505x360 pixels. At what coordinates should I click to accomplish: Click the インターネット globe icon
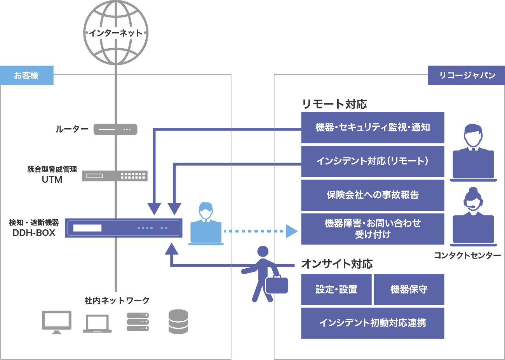click(116, 33)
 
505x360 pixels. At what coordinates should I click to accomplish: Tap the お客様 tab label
click(26, 75)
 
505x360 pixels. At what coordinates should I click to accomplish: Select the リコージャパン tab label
click(466, 75)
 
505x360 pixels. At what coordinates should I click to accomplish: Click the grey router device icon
click(115, 129)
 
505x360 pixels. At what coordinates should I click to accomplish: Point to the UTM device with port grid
click(115, 176)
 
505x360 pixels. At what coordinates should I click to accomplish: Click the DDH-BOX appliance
click(124, 228)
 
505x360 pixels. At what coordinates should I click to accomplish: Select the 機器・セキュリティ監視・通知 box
click(372, 128)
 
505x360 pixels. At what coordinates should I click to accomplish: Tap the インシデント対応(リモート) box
click(372, 161)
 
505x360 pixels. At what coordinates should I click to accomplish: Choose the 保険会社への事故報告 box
click(372, 195)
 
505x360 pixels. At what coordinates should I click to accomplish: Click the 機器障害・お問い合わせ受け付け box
click(372, 229)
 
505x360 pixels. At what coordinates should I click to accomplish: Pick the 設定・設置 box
click(336, 289)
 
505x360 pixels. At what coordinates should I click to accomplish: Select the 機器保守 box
click(409, 289)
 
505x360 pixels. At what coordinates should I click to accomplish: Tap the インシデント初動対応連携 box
click(372, 323)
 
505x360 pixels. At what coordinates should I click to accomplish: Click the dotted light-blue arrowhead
click(292, 231)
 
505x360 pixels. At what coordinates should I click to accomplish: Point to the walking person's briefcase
click(277, 285)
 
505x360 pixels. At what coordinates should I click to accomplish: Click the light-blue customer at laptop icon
click(206, 225)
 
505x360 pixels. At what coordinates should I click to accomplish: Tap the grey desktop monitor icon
click(57, 322)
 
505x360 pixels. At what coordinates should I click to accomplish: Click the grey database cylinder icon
click(178, 322)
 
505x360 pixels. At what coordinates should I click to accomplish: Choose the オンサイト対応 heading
click(337, 264)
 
